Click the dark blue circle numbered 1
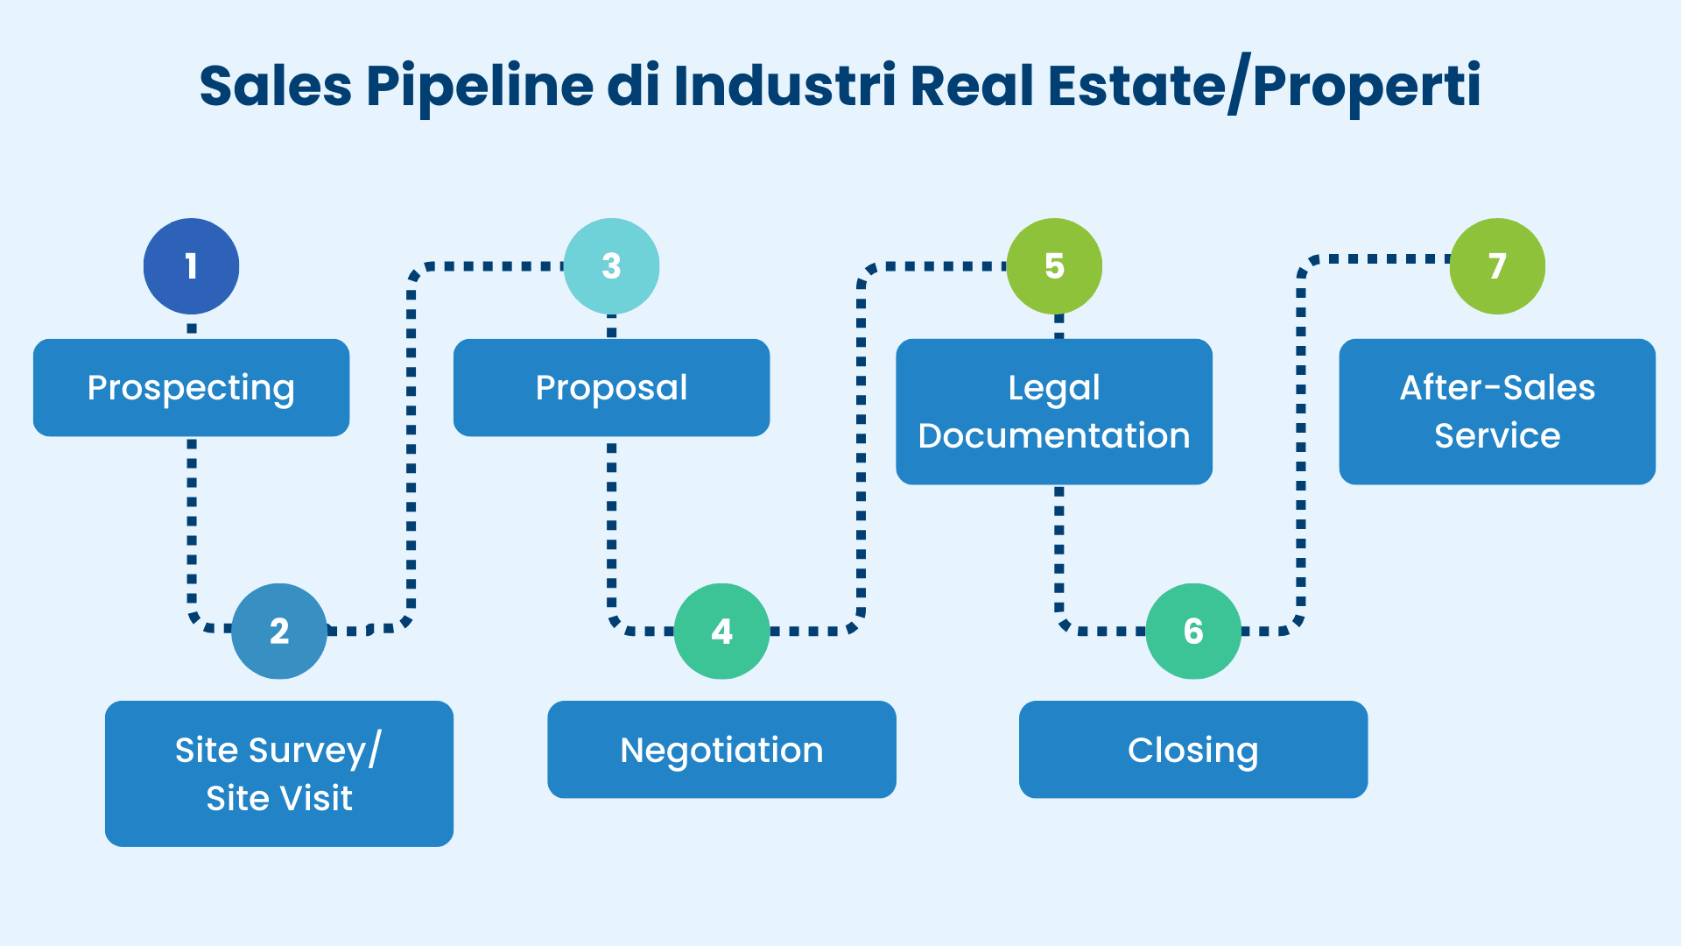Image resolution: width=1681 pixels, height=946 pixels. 191,266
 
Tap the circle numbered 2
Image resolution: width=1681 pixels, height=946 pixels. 279,631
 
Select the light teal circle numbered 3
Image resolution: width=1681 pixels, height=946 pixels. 611,266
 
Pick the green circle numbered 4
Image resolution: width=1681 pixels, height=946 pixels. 721,631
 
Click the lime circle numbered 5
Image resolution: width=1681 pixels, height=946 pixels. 1054,266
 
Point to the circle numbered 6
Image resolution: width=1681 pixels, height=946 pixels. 1193,631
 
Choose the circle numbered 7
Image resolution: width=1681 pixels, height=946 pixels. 1497,266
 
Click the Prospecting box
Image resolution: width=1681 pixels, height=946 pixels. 191,388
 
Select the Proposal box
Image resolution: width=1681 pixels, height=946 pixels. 611,388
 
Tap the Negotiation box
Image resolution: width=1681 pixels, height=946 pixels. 721,750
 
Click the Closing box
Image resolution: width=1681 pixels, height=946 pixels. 1193,750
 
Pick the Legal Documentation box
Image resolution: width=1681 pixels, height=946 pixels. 1054,412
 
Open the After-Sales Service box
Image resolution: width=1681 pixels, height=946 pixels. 1497,412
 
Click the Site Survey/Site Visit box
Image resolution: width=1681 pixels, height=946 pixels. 279,773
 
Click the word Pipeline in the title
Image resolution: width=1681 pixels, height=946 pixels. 480,86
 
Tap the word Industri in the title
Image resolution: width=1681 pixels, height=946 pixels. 784,86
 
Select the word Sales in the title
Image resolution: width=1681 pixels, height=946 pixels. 275,86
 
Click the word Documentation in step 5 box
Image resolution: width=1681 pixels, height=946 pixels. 1054,436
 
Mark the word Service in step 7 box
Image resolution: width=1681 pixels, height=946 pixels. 1497,436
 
